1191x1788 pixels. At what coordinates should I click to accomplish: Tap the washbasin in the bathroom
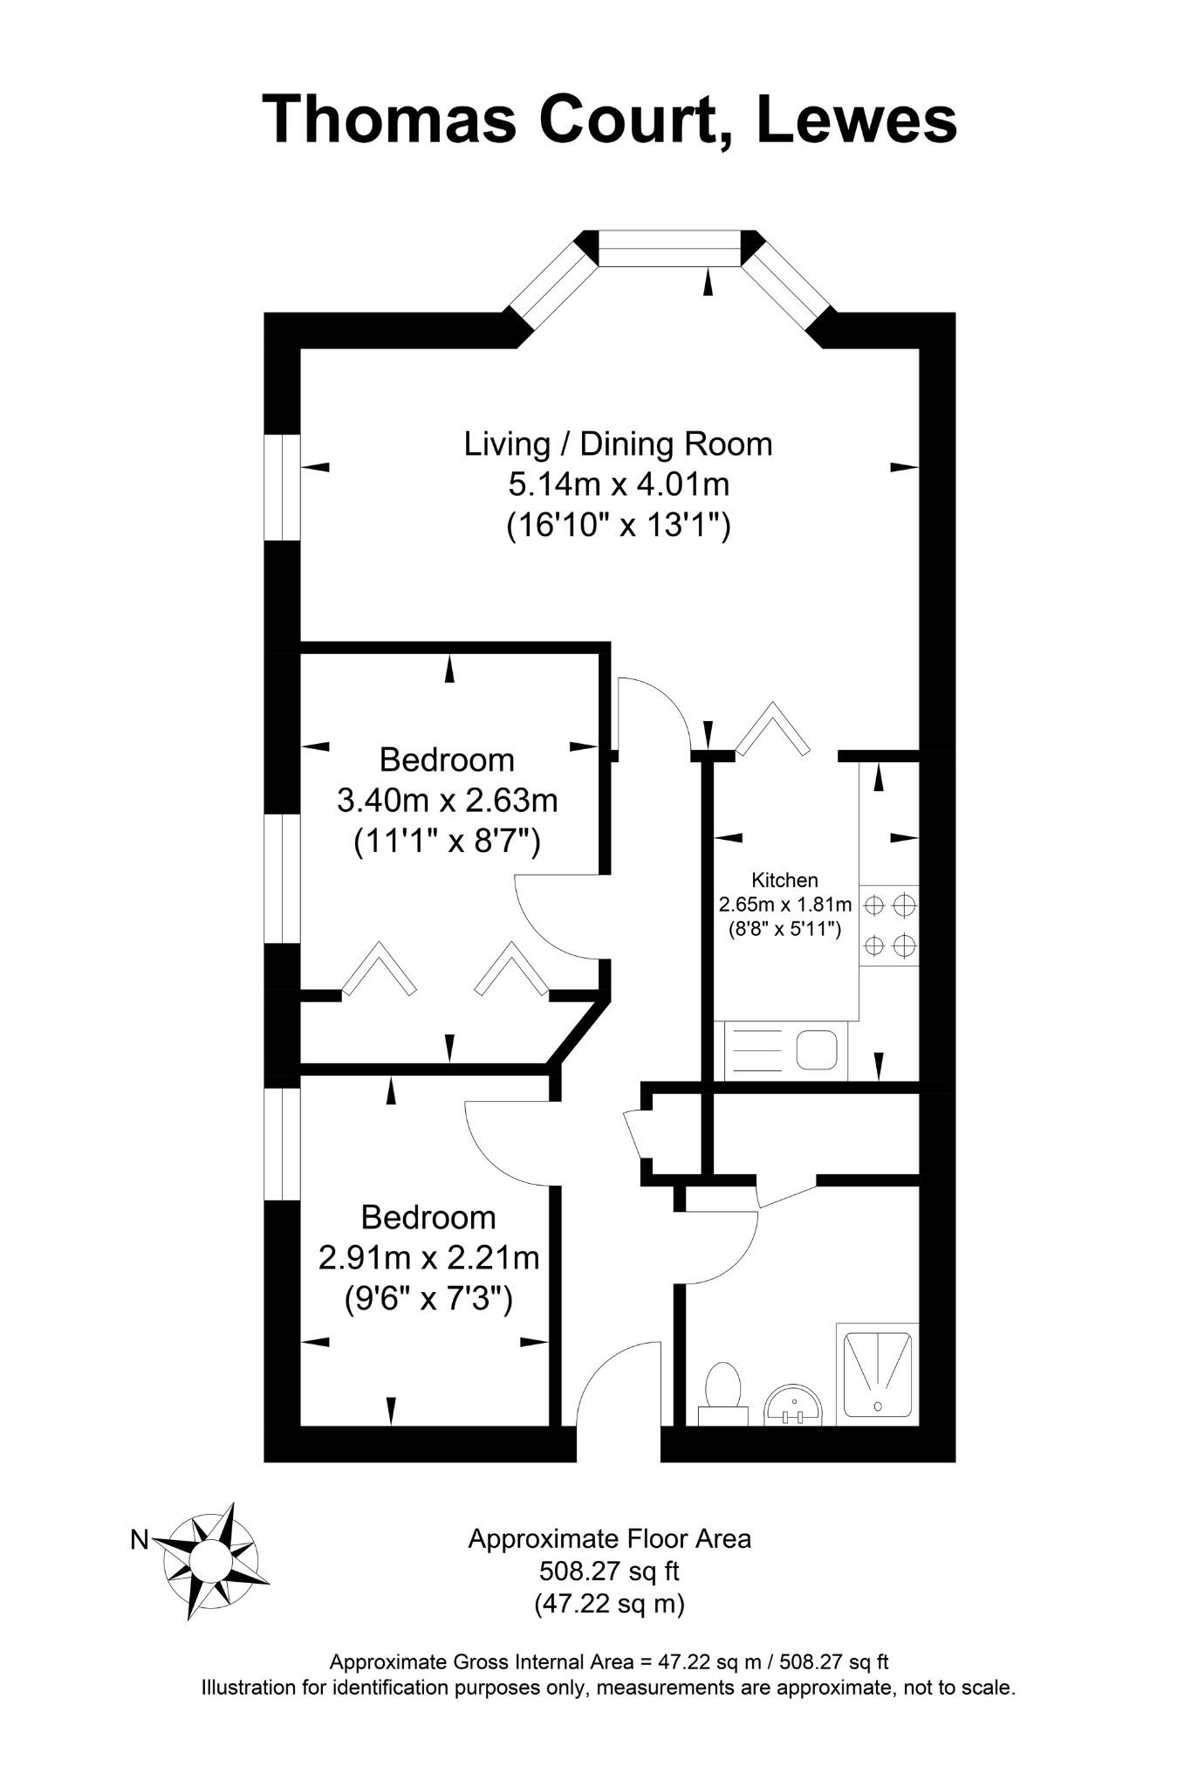793,1405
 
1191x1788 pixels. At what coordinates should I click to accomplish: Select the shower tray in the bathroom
878,1375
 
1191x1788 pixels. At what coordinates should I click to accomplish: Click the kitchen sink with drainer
781,1050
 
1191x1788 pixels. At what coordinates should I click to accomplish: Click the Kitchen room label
785,880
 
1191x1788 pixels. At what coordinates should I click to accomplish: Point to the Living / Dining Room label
618,444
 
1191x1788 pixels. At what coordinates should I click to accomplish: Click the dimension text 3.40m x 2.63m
448,800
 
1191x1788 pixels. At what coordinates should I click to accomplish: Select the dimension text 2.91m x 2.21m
428,1258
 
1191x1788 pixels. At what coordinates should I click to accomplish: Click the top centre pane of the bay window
669,248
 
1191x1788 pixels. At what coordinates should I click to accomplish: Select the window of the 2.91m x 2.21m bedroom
282,1144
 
